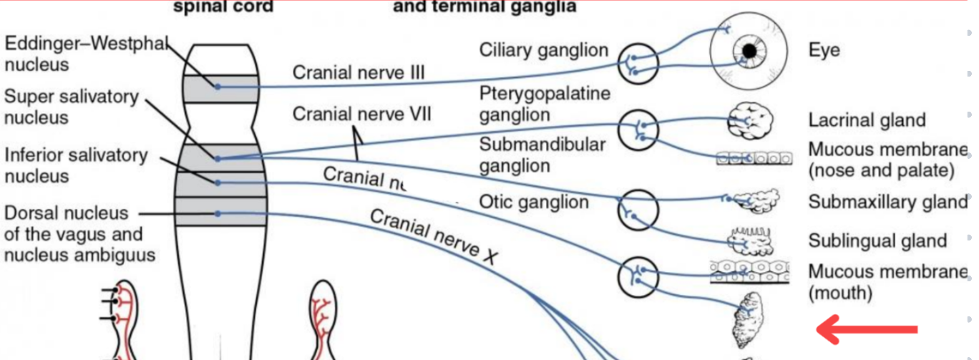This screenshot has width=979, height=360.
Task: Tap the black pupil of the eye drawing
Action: pyautogui.click(x=749, y=52)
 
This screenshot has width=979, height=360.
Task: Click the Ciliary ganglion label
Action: pyautogui.click(x=543, y=50)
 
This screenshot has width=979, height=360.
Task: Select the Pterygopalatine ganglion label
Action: pyautogui.click(x=545, y=104)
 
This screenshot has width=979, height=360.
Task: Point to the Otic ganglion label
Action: pyautogui.click(x=533, y=203)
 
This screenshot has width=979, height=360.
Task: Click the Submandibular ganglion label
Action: pyautogui.click(x=542, y=155)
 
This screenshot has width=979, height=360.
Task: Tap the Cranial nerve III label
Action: pyautogui.click(x=359, y=73)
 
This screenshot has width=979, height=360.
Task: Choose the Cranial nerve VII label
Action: pyautogui.click(x=361, y=114)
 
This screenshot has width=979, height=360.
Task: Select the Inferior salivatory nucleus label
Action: pyautogui.click(x=76, y=165)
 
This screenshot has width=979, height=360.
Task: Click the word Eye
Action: pyautogui.click(x=824, y=51)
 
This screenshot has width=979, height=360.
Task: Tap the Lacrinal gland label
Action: pyautogui.click(x=867, y=120)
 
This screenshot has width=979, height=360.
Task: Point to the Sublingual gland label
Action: pyautogui.click(x=877, y=241)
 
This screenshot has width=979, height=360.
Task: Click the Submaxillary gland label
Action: pyautogui.click(x=887, y=203)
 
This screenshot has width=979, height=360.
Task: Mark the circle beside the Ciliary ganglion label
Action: pyautogui.click(x=637, y=63)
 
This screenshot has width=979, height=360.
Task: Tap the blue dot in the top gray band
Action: pyautogui.click(x=218, y=87)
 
